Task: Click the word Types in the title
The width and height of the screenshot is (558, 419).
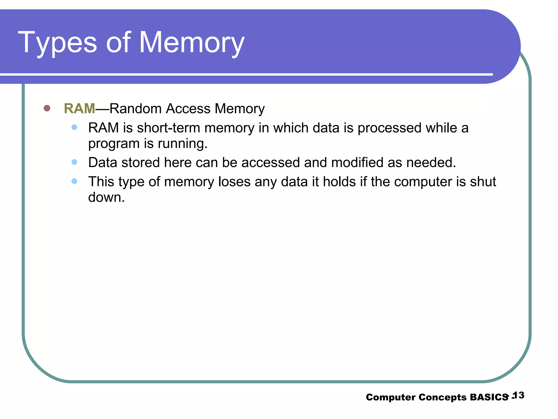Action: [57, 43]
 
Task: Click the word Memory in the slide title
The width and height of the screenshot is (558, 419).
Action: [192, 43]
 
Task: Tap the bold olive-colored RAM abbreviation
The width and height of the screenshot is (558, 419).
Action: [79, 109]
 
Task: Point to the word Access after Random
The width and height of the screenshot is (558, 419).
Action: [188, 109]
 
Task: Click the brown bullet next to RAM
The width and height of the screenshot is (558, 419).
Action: [47, 108]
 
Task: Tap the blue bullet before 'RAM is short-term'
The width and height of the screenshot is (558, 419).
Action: [74, 127]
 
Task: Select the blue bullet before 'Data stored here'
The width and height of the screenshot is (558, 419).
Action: [74, 162]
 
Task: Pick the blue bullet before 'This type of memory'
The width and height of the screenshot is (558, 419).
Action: [74, 181]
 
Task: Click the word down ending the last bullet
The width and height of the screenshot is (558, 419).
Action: [106, 197]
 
